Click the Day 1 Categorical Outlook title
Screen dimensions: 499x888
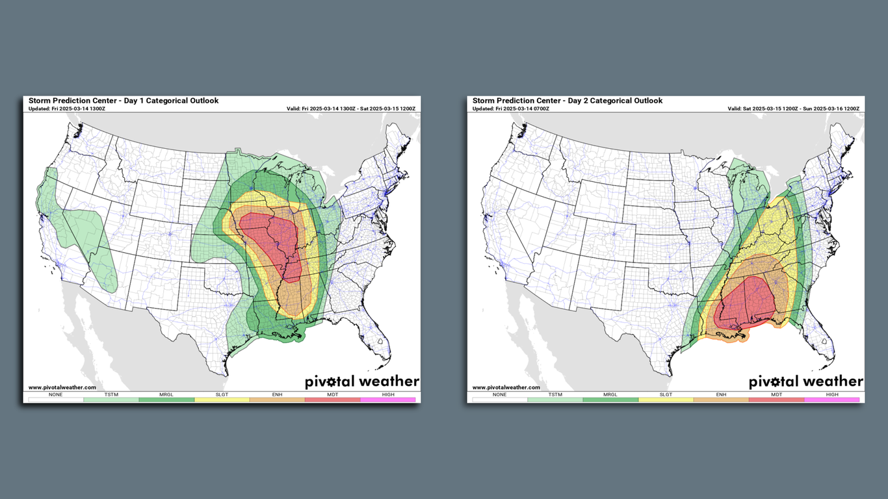(x=124, y=101)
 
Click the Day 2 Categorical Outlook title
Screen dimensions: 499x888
(x=568, y=101)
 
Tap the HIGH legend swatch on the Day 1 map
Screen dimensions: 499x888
(x=388, y=400)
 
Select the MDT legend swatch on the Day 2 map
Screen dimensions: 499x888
(x=777, y=400)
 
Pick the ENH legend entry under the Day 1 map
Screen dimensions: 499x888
(x=277, y=400)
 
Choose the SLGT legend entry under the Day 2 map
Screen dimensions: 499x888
(x=666, y=400)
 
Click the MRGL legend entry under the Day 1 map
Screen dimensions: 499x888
(x=166, y=400)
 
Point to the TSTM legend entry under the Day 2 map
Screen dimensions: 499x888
(x=555, y=400)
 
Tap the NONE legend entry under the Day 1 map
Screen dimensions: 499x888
(x=55, y=400)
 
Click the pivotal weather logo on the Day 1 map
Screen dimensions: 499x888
(x=362, y=381)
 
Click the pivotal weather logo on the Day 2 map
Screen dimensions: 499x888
(x=806, y=381)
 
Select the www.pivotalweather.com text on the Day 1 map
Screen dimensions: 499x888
(x=62, y=387)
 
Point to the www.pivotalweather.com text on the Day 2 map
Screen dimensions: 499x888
(x=506, y=387)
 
